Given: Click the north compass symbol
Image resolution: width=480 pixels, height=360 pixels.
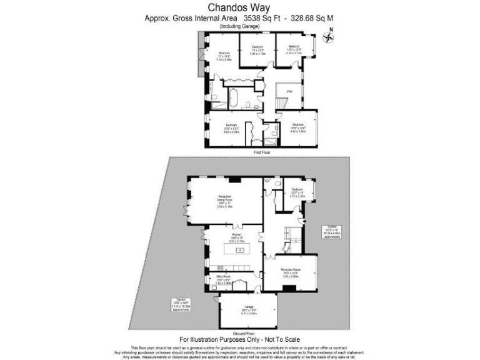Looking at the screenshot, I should pyautogui.click(x=331, y=37).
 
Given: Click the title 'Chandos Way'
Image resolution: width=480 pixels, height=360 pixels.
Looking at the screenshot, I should pyautogui.click(x=241, y=8).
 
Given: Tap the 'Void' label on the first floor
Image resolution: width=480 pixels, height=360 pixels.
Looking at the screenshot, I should pyautogui.click(x=289, y=91).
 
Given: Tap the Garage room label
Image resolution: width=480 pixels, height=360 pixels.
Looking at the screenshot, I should pyautogui.click(x=249, y=311).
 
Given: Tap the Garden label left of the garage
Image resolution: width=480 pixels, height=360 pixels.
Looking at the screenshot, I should pyautogui.click(x=181, y=305).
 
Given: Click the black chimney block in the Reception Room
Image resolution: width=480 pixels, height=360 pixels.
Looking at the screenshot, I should pyautogui.click(x=288, y=288).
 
